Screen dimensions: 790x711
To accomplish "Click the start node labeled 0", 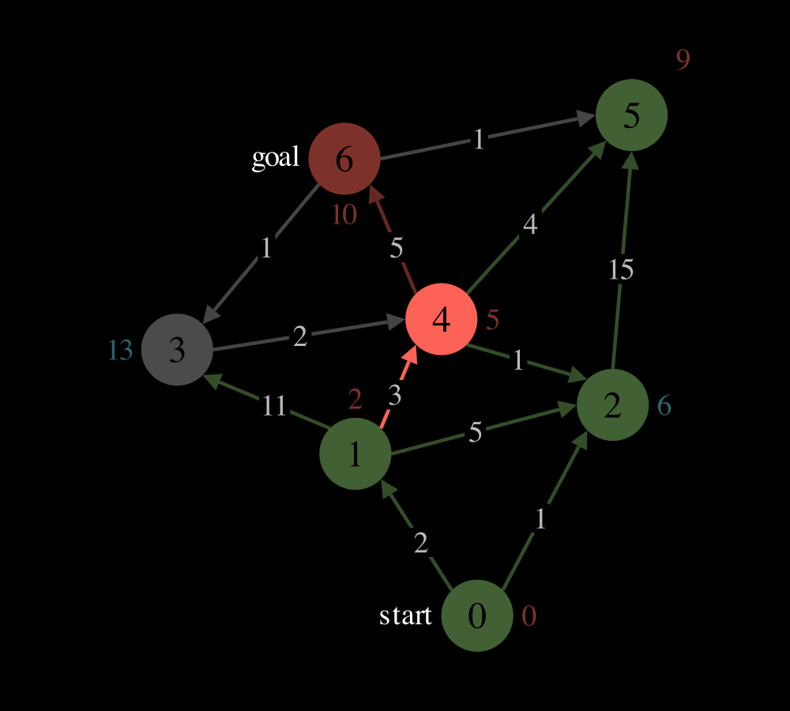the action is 477,615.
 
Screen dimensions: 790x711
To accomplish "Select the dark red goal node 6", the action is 344,158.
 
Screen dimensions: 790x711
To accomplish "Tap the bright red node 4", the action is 442,319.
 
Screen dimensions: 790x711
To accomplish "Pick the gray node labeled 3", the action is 177,349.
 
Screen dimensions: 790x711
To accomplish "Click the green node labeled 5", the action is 631,115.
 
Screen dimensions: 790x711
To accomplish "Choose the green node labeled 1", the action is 355,453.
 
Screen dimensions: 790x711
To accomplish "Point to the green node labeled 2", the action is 612,404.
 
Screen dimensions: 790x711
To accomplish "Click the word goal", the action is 276,158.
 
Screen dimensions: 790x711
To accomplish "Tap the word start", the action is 405,615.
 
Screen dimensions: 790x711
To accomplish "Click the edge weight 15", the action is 621,269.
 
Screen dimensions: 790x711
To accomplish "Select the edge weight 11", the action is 274,405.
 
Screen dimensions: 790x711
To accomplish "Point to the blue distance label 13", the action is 120,350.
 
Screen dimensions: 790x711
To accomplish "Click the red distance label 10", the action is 344,215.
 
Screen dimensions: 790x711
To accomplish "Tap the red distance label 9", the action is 683,59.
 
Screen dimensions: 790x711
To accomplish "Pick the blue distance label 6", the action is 664,405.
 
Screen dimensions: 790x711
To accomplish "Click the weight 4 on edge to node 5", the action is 530,224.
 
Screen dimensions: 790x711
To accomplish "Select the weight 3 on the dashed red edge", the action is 395,396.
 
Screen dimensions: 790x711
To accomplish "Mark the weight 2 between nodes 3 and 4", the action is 299,336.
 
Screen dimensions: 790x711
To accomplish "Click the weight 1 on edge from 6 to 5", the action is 479,139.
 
